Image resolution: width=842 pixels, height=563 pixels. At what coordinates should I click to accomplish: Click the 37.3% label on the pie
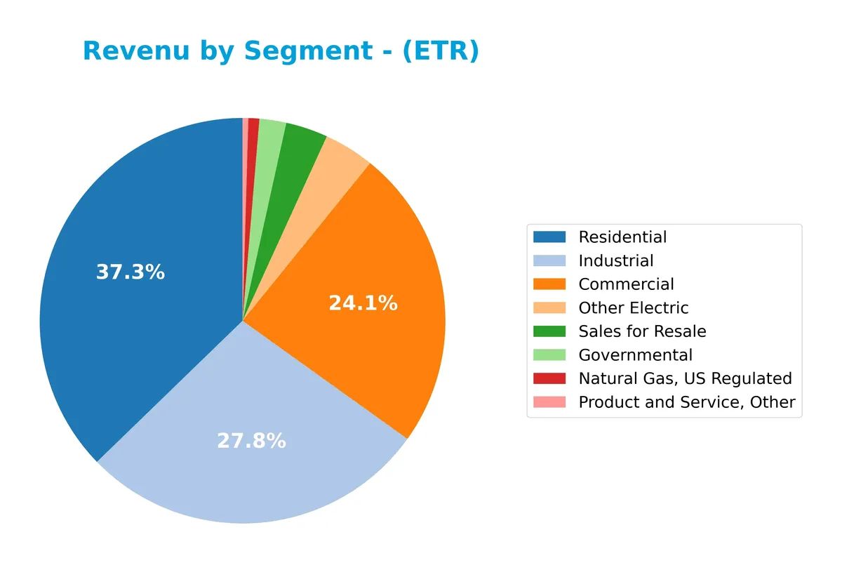(130, 272)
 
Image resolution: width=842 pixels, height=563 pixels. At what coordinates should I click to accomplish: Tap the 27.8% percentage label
(251, 441)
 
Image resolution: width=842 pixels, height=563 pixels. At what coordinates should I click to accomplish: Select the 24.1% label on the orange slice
(363, 303)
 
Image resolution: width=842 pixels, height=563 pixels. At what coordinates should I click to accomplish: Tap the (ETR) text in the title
(441, 51)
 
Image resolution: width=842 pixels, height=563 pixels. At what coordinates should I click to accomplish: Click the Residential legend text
(622, 237)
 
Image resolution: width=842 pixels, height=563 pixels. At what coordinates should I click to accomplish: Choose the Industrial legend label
(615, 261)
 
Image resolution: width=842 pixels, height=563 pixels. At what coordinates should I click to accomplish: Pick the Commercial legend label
(626, 284)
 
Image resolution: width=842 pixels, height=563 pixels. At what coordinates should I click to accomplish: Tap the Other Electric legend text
(633, 308)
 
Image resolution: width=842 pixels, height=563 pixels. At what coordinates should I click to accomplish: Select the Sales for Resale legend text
(642, 331)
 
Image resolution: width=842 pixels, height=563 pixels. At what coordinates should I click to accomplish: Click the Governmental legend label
(635, 355)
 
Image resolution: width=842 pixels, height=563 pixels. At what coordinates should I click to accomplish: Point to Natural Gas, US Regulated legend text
(685, 378)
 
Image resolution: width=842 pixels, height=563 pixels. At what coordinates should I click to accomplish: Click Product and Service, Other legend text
(686, 402)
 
